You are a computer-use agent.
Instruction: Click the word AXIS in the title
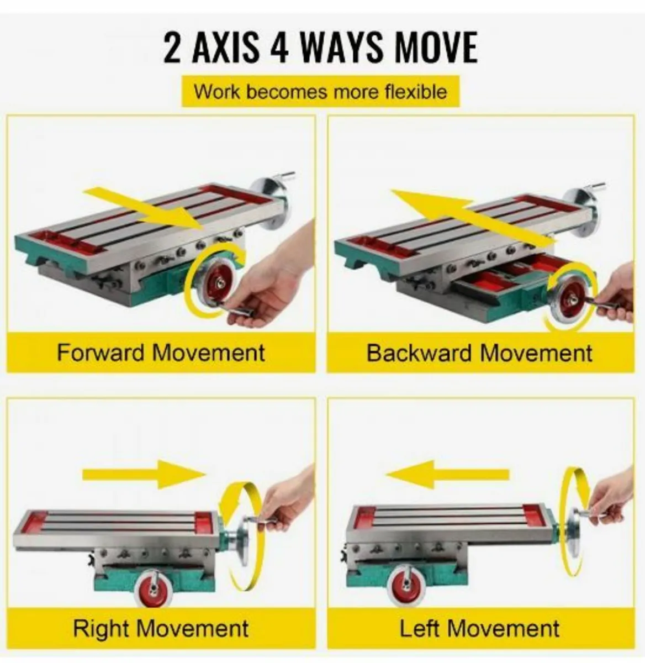[x=225, y=48]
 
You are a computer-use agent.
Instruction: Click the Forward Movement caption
[x=161, y=352]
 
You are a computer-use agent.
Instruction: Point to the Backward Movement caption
[x=480, y=353]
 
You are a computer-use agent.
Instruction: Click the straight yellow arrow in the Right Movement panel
[x=144, y=474]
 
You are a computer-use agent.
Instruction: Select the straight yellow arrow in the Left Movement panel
[x=447, y=474]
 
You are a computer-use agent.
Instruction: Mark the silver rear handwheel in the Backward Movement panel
[x=580, y=212]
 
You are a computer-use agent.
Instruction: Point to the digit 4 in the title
[x=279, y=48]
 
